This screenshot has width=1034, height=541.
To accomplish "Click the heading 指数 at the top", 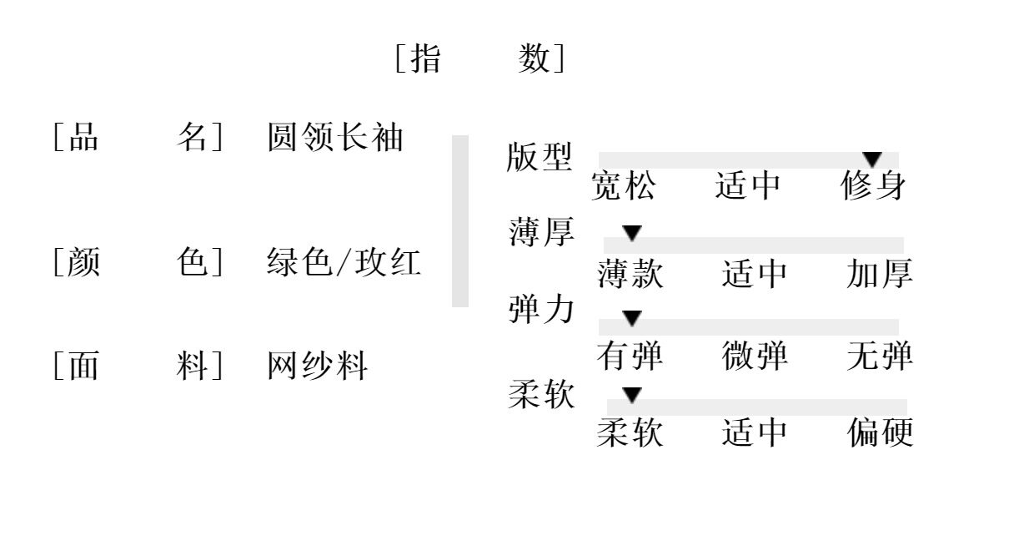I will pos(479,59).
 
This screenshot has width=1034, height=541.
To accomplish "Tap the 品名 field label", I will pos(138,138).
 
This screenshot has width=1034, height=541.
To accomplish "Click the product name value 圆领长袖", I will pos(335,138).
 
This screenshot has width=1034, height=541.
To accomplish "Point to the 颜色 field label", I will pos(138,263).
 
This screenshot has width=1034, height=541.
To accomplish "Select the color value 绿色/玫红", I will pos(344,263).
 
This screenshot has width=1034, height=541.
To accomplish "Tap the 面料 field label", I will pos(138,367).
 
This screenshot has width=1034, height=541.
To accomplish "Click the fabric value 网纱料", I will pos(317,367).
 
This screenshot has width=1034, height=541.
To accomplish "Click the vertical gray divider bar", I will pos(459,221).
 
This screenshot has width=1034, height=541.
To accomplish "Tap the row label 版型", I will pos(540,157).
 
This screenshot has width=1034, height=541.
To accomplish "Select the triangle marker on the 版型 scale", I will pos(872,159).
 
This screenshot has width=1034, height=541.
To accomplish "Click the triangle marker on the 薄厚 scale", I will pos(633,233).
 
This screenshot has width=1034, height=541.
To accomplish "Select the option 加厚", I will pos(880,274).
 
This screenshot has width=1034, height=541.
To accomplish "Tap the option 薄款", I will pos(630,274).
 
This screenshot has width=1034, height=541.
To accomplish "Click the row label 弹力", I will pos(541,310).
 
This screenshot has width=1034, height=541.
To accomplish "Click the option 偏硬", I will pos(881,432).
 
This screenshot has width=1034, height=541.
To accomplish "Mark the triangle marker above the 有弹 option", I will pos(633,317).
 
